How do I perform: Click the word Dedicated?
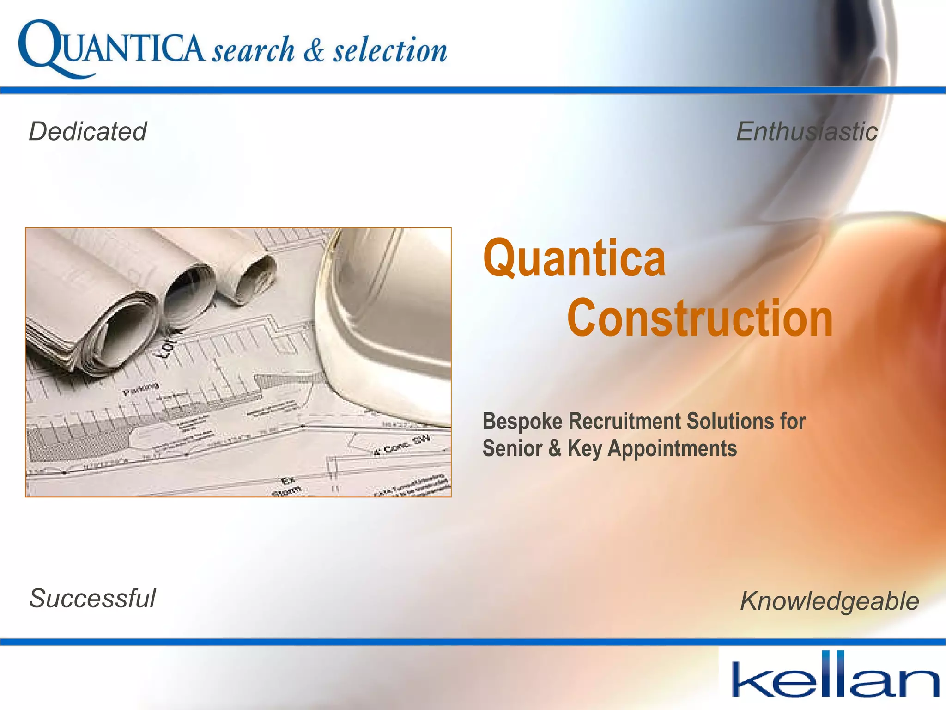pos(88,131)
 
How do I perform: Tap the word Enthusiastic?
pos(807,131)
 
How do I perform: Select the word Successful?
pos(92,599)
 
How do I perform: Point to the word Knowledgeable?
pos(829,601)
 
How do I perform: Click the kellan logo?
pos(835,676)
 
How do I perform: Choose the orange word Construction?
pos(700,318)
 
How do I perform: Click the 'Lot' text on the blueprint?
pos(167,347)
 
